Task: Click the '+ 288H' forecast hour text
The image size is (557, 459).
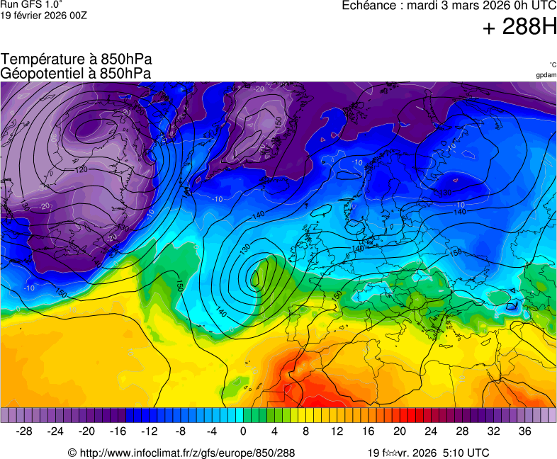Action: [519, 28]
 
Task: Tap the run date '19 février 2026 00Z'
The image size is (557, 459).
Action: [44, 16]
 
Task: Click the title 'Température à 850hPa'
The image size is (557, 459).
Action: [77, 59]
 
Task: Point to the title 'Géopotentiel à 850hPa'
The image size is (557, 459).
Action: [77, 73]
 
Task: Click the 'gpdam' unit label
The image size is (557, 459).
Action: [546, 75]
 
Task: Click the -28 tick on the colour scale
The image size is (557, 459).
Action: [25, 431]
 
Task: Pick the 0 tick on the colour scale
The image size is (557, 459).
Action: [243, 431]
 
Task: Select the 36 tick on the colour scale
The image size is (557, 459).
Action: [524, 431]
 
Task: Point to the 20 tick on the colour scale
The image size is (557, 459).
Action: [400, 431]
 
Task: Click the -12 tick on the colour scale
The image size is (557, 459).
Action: [150, 431]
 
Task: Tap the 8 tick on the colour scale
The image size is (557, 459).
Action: [305, 431]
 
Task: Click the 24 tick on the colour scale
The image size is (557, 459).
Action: [431, 431]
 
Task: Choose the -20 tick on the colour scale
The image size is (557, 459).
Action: [87, 431]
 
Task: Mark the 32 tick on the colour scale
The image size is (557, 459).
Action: [493, 431]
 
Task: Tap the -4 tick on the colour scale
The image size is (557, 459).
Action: [212, 431]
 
